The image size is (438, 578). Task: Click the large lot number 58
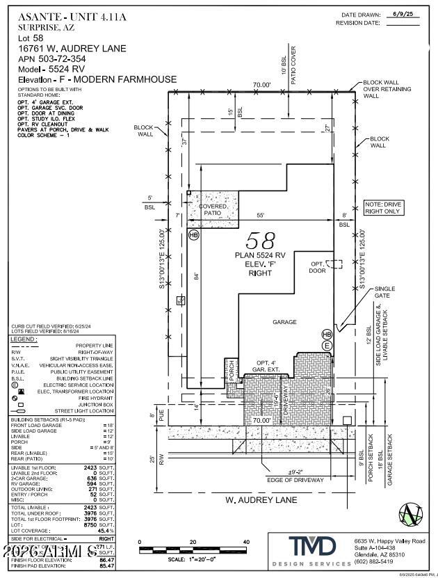tap(262, 241)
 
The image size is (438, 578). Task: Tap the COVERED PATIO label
tap(213, 211)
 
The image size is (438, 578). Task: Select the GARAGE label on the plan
tap(284, 322)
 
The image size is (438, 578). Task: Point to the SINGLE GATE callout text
tap(404, 292)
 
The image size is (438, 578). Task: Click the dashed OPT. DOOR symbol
tap(334, 264)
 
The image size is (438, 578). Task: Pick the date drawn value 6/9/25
tap(403, 14)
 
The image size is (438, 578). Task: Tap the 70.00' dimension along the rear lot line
tap(262, 85)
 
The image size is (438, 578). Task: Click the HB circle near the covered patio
tap(194, 235)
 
